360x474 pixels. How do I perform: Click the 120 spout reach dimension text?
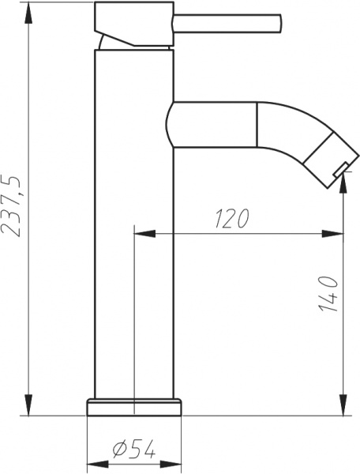pyautogui.click(x=231, y=219)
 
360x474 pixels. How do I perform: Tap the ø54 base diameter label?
pyautogui.click(x=133, y=449)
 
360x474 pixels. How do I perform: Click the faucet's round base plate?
pyautogui.click(x=133, y=406)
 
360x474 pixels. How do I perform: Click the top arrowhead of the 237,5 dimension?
pyautogui.click(x=29, y=9)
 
